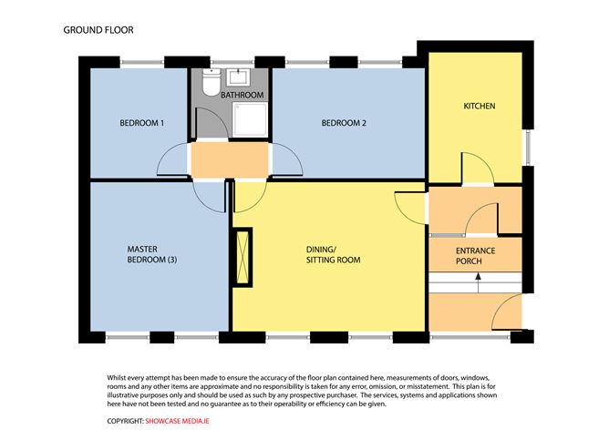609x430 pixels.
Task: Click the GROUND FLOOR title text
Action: (98, 29)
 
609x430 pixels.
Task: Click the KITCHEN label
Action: (479, 107)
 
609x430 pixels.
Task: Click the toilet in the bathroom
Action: (208, 85)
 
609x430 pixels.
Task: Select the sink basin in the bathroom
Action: (242, 77)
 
